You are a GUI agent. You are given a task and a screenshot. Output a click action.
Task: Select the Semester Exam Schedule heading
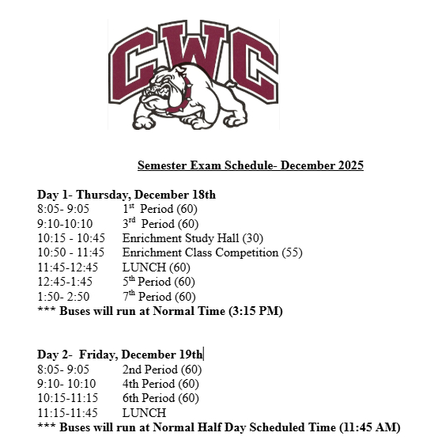(x=250, y=165)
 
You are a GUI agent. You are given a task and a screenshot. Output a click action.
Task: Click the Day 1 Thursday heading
(x=126, y=195)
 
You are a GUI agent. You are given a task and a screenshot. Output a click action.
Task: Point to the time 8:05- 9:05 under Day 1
(x=63, y=209)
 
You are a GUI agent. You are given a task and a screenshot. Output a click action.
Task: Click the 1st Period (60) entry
(x=160, y=209)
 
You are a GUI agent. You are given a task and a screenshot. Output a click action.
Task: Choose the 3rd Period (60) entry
(x=160, y=224)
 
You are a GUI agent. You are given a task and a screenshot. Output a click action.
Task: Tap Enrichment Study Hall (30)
(x=193, y=238)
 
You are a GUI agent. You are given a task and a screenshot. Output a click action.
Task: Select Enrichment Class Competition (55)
(x=212, y=253)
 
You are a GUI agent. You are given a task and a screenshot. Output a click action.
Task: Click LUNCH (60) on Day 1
(x=151, y=267)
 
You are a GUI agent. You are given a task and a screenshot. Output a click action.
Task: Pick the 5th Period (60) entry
(x=160, y=282)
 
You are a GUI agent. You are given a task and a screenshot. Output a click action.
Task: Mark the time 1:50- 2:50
(x=63, y=297)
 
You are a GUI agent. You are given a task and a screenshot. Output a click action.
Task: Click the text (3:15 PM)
(x=255, y=311)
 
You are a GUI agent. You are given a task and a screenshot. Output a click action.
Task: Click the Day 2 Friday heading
(x=120, y=355)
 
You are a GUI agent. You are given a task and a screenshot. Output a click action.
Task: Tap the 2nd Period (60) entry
(x=162, y=370)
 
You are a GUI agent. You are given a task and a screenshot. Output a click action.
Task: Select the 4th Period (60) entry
(x=160, y=384)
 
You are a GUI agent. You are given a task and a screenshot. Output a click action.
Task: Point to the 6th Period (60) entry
(x=160, y=398)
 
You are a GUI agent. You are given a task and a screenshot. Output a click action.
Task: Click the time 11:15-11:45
(x=67, y=413)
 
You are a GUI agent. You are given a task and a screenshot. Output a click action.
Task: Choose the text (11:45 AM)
(x=370, y=427)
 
